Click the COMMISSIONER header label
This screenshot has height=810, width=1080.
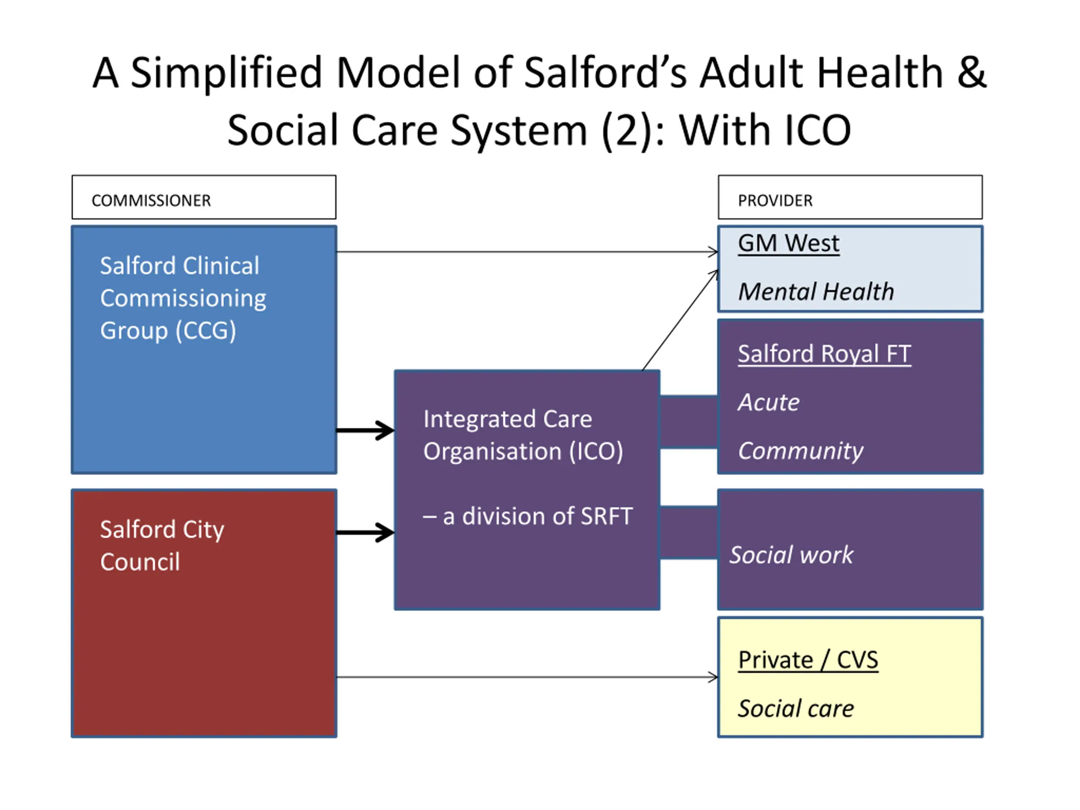(x=151, y=201)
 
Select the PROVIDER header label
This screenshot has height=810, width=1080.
(x=775, y=201)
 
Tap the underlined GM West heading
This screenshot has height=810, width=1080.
(x=788, y=243)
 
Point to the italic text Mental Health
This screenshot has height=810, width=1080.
(x=815, y=292)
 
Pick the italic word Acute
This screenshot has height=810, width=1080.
(x=768, y=403)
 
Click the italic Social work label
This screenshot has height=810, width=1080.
(x=791, y=555)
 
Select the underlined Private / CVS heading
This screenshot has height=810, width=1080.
(x=807, y=660)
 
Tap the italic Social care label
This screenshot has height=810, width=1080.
(x=795, y=709)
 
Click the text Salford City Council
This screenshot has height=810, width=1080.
(x=162, y=545)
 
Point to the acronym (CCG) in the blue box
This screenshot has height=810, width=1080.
(x=205, y=331)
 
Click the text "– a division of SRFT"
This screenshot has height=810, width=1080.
(x=527, y=516)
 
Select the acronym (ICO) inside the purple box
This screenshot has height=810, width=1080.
(x=596, y=451)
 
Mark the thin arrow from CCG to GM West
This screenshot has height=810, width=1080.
(x=527, y=252)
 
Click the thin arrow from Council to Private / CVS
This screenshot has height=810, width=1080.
(x=527, y=677)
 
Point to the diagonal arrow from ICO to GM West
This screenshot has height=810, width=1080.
(x=680, y=320)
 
